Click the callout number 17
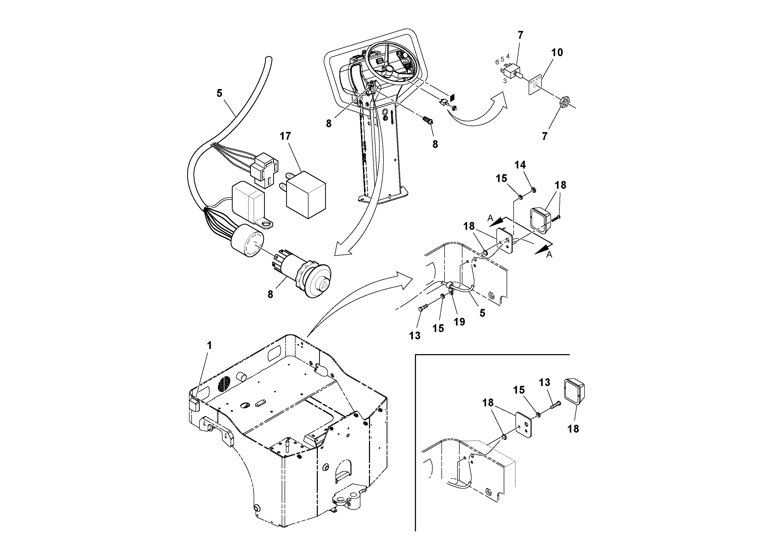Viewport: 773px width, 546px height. [285, 136]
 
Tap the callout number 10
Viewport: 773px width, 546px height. [557, 52]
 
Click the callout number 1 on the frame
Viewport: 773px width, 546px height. [209, 345]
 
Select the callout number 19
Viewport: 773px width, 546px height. [459, 322]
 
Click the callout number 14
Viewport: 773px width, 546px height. [520, 165]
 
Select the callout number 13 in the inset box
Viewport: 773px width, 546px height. [545, 382]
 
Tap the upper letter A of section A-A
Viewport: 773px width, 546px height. [490, 218]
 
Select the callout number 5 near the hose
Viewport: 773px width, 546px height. [219, 93]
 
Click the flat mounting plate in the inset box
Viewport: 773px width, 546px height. [523, 424]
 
